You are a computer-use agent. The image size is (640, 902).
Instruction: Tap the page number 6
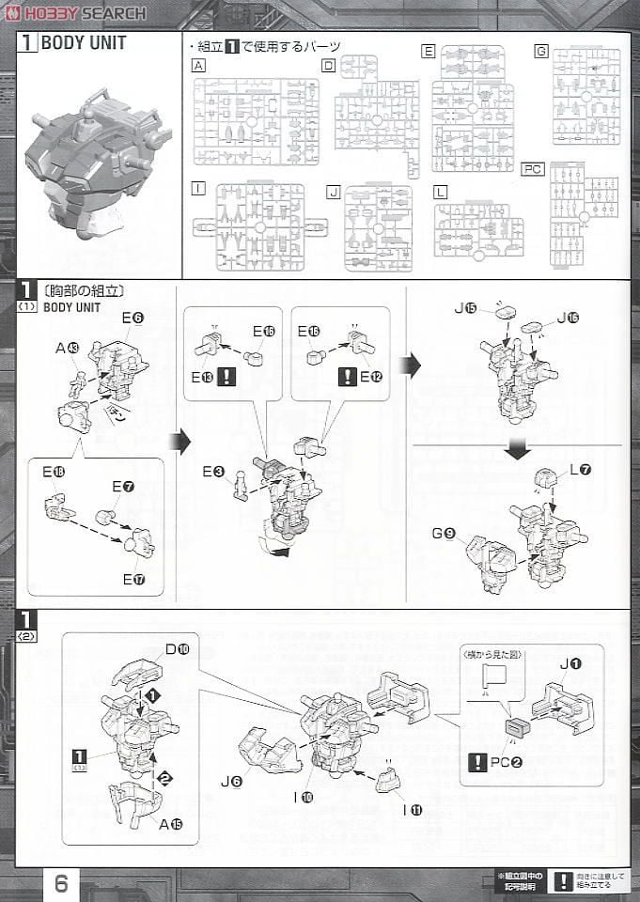point(61,883)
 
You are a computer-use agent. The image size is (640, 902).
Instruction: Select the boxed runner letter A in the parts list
point(197,66)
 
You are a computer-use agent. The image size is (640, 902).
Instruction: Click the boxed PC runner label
point(559,169)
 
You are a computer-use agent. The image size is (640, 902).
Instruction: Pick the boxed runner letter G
point(540,51)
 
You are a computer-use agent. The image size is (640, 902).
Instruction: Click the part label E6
point(133,319)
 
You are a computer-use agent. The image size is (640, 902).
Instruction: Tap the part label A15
point(147,824)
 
